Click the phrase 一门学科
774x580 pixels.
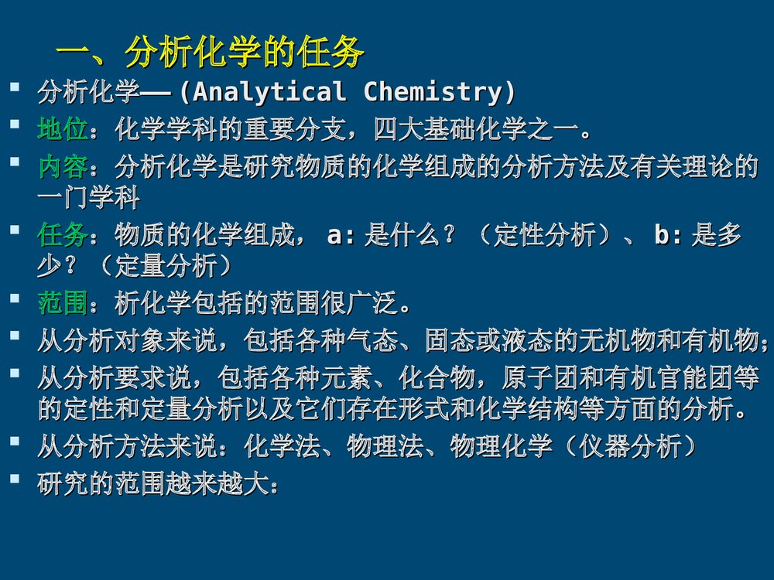click(88, 198)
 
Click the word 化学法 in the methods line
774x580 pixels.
click(282, 447)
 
